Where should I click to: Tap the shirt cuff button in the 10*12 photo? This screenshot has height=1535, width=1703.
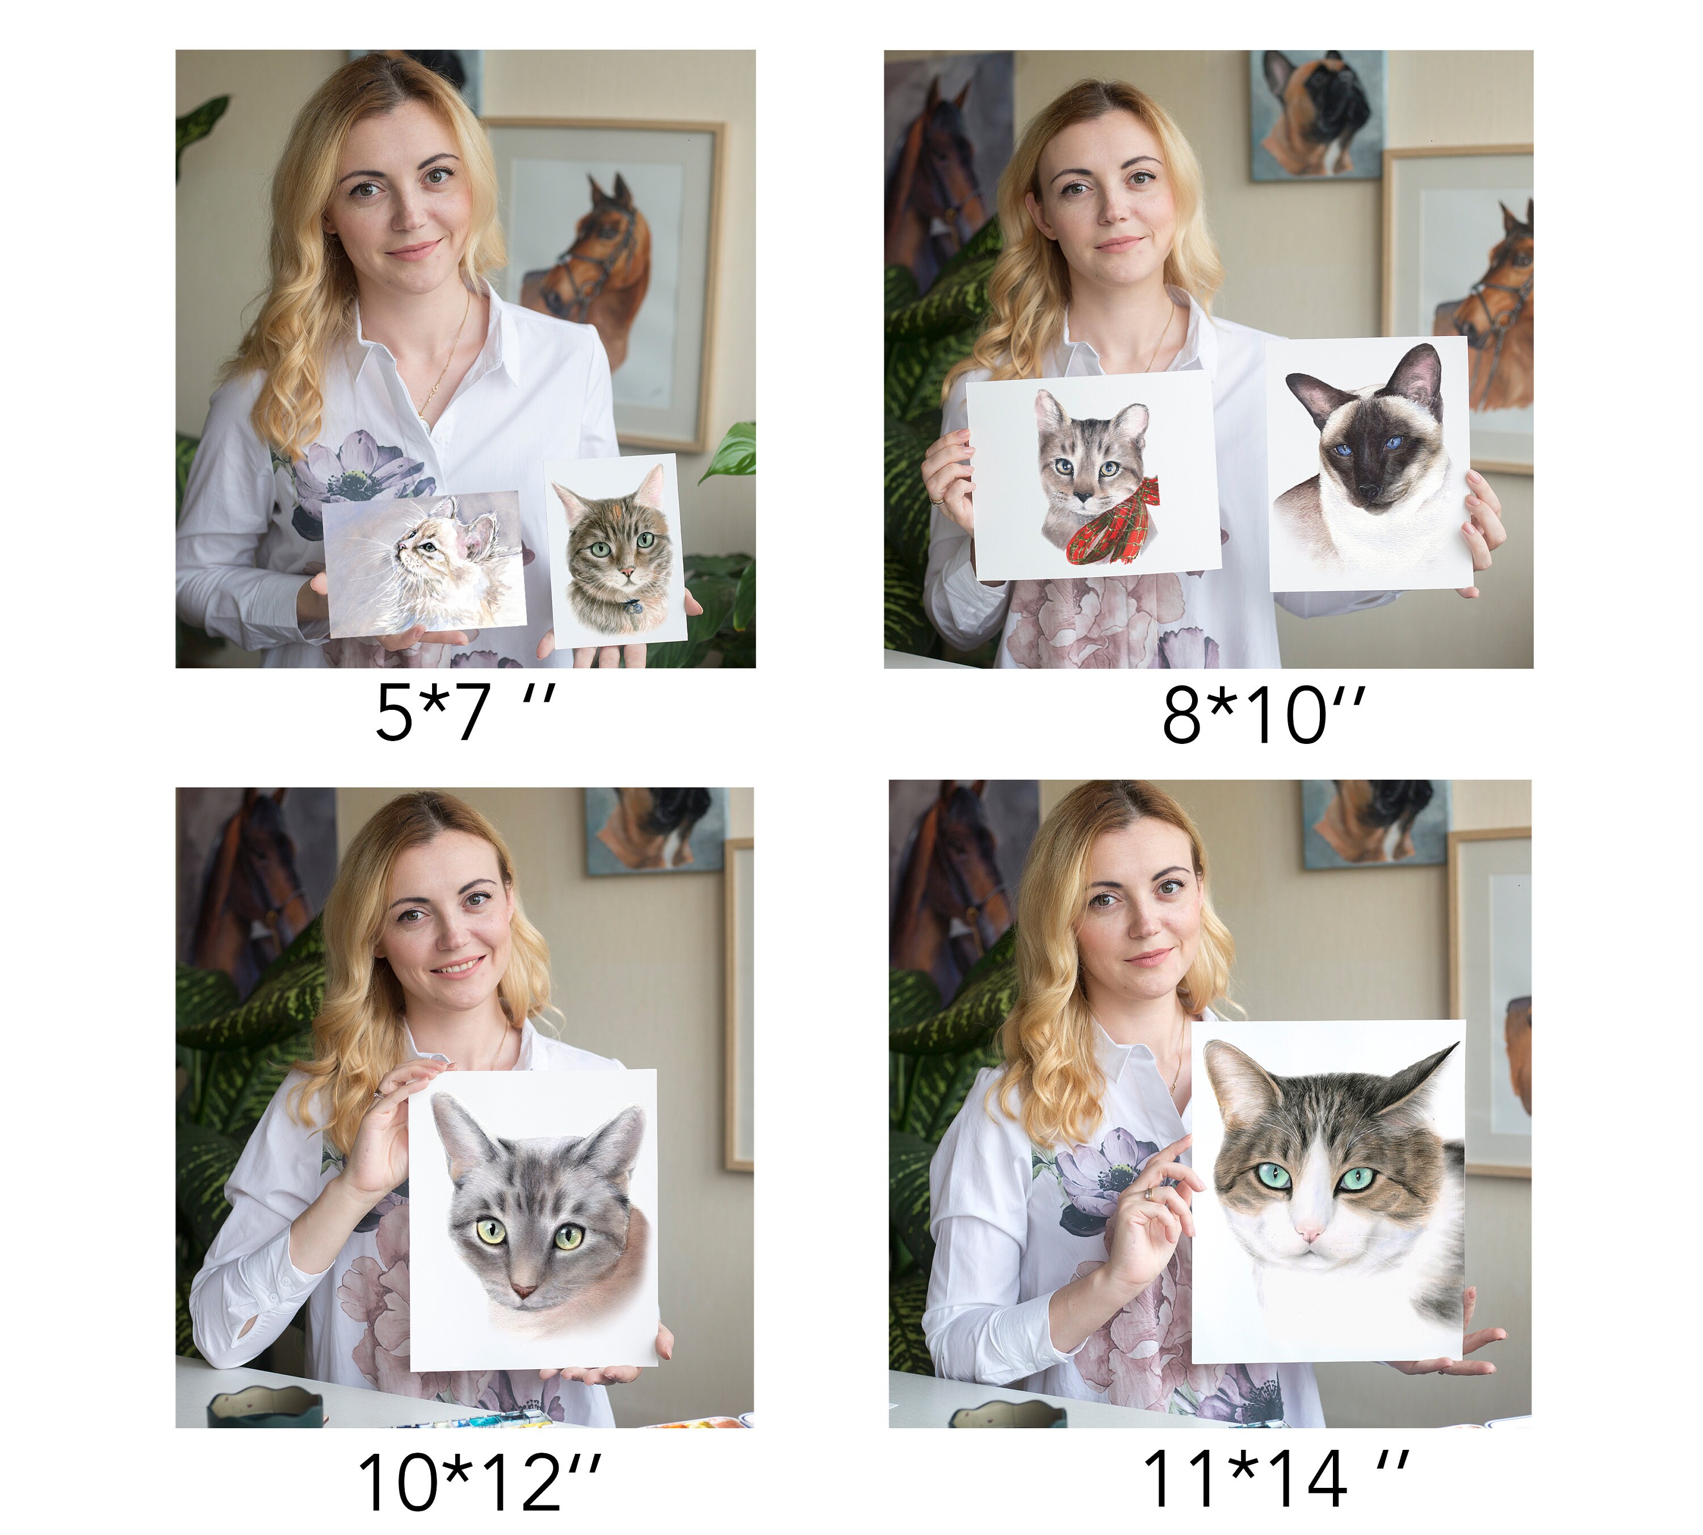point(284,1283)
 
